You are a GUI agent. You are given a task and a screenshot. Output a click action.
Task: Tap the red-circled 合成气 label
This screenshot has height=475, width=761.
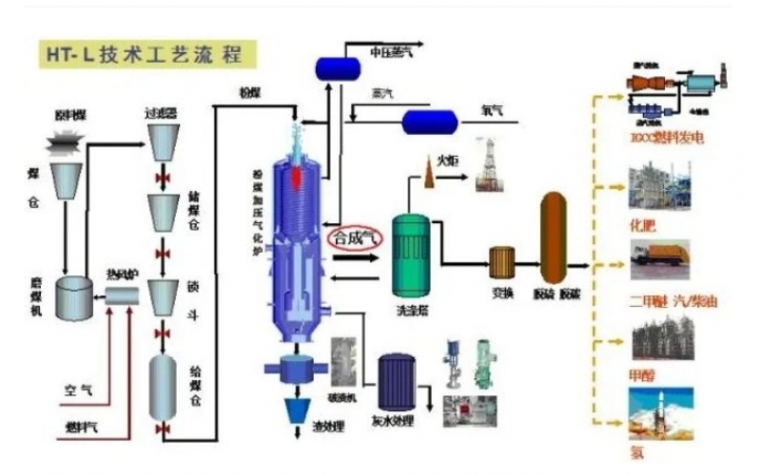(353, 238)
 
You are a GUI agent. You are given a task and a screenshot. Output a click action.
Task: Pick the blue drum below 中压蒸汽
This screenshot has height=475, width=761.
(334, 67)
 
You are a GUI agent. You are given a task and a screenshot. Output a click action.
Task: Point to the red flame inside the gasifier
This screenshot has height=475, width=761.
(301, 177)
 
